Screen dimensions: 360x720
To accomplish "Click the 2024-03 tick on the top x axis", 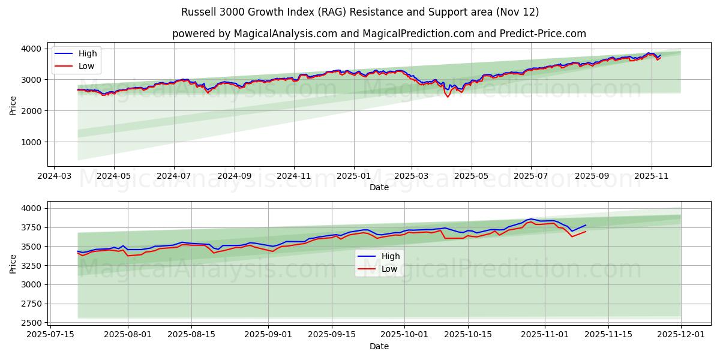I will point(55,177).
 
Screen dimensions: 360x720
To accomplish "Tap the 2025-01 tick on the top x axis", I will point(353,177).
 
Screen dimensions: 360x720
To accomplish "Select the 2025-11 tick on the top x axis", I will point(652,177).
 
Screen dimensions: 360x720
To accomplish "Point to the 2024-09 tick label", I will point(234,177).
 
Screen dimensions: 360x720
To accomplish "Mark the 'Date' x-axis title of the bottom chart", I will point(379,346).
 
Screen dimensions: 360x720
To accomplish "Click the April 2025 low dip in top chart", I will point(448,97).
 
